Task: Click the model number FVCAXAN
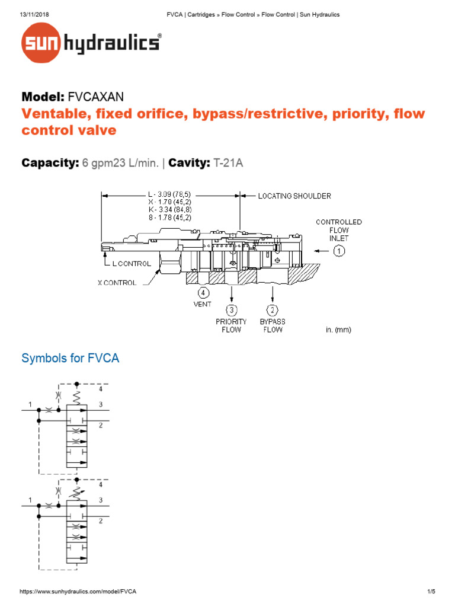pos(96,96)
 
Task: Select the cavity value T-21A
pos(228,162)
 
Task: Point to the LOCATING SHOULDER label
pos(294,196)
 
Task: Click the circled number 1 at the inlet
pos(338,251)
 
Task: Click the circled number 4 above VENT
pos(203,292)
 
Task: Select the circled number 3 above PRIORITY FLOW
pos(231,309)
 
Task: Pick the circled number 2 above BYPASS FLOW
pos(272,309)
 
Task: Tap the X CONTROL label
pos(117,283)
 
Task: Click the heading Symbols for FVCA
pos(71,359)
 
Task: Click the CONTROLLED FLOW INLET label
pos(338,230)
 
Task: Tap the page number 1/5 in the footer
pos(431,592)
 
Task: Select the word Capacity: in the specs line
pos(50,162)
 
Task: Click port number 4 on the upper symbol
pos(101,389)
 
